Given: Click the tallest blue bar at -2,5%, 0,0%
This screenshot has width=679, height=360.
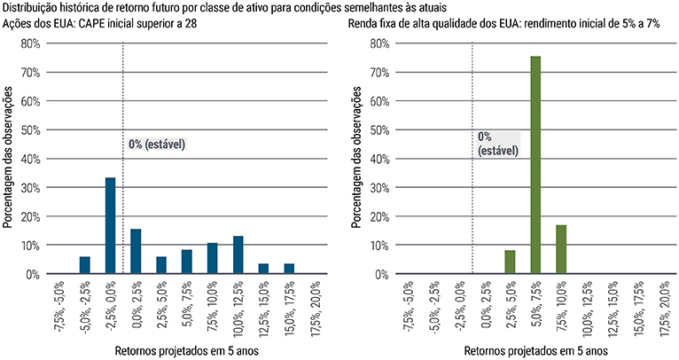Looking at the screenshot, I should coord(111,225).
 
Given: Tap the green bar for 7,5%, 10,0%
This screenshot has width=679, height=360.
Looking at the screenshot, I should coord(561,249).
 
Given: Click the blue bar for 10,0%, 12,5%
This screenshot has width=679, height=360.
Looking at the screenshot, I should coord(238,254).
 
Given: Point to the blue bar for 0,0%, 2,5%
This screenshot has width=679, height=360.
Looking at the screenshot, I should coord(136,251).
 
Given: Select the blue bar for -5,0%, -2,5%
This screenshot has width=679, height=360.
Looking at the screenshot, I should coord(85,265).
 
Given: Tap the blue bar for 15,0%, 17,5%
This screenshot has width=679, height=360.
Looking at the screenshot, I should coord(289,269).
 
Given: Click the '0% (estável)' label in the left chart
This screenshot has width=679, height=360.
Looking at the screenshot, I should coord(157,144).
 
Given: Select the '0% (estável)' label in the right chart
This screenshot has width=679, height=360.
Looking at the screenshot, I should coord(497,144).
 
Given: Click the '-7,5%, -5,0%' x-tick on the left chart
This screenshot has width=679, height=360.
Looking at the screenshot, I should coord(59,307).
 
